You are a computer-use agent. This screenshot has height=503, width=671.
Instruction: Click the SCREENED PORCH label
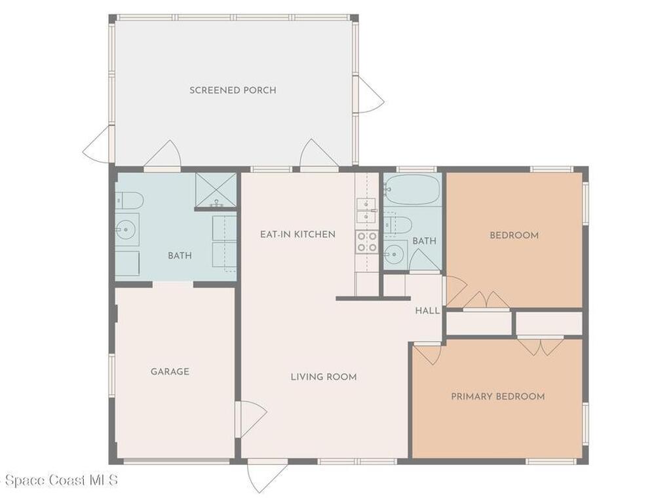(x=233, y=90)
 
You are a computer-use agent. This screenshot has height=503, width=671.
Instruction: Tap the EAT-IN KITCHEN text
(x=297, y=234)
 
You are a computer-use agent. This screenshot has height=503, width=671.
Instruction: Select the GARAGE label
(x=170, y=372)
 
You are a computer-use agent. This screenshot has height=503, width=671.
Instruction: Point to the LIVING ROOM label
(x=324, y=377)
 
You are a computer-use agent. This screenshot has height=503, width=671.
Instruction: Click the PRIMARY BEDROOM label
(x=497, y=397)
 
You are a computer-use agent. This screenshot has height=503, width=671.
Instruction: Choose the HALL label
(x=427, y=311)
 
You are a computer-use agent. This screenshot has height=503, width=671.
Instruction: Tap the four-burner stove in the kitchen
(x=367, y=242)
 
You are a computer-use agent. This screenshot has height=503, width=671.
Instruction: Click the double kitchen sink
(x=366, y=210)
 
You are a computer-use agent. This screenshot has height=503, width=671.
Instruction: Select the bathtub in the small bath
(x=412, y=190)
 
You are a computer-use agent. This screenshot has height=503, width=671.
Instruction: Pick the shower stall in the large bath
(x=216, y=190)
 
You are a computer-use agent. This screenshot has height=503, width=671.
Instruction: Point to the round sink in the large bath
(x=125, y=229)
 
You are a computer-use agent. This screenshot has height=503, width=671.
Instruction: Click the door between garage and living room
(x=250, y=418)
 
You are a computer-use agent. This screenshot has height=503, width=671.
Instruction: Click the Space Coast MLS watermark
(x=59, y=481)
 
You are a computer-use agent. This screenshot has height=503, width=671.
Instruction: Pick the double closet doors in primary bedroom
(x=540, y=346)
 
